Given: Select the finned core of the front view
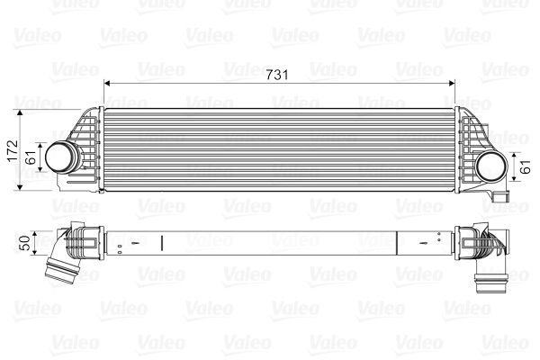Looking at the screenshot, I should (278, 149).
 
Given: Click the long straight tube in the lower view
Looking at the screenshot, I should (270, 242).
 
